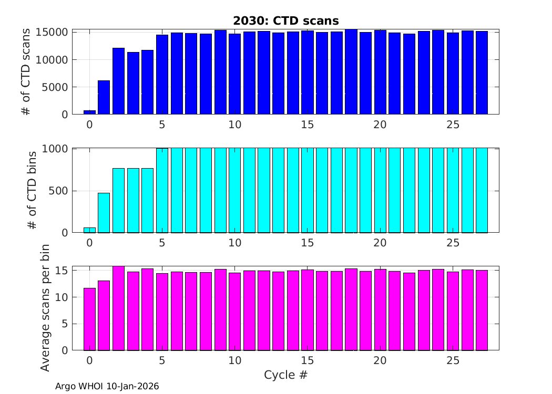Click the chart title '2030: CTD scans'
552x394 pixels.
click(x=286, y=20)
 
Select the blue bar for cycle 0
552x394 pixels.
click(x=89, y=112)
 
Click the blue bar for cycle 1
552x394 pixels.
click(x=104, y=97)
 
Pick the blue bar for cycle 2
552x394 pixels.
click(x=118, y=81)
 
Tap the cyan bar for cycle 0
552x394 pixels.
click(x=89, y=230)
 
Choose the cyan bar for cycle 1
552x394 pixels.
click(x=104, y=213)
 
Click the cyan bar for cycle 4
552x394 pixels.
click(x=148, y=200)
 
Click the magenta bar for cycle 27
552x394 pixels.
click(x=482, y=310)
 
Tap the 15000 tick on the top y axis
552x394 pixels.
click(x=53, y=33)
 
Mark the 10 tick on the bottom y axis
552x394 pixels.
click(x=61, y=297)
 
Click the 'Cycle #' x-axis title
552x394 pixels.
click(x=285, y=375)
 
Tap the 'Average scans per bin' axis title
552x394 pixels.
click(x=46, y=308)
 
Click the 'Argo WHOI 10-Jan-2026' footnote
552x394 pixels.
click(x=107, y=386)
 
